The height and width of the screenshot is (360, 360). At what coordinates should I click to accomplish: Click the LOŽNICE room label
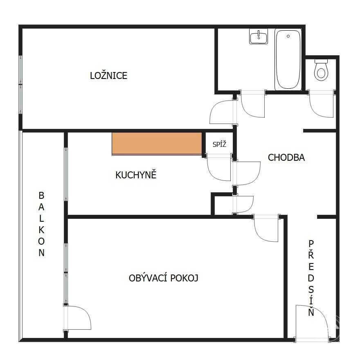click(108, 75)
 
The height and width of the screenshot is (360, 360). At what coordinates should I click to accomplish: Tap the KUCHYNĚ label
click(136, 175)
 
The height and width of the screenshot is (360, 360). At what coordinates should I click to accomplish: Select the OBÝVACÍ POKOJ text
click(164, 278)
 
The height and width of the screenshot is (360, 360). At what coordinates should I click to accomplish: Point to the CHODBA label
click(286, 157)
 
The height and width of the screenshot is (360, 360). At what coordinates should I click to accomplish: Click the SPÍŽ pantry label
click(219, 144)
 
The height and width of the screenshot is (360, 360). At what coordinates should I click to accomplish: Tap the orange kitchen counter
click(157, 144)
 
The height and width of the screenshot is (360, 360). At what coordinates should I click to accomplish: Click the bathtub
click(288, 60)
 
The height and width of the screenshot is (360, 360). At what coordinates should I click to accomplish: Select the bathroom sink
click(259, 36)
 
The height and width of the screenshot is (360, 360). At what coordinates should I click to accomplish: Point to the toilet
click(321, 70)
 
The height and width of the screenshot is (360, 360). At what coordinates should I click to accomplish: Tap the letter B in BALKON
click(41, 196)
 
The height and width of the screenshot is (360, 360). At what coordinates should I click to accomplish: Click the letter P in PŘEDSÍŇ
click(311, 244)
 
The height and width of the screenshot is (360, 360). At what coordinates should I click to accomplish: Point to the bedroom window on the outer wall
click(21, 85)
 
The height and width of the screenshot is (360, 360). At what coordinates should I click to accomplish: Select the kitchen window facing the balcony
click(66, 174)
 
